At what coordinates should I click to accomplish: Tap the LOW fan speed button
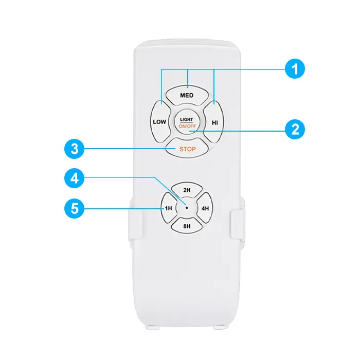(160, 122)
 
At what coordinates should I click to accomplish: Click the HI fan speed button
(213, 122)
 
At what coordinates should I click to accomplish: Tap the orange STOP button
(187, 148)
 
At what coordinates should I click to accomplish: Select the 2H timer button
(187, 190)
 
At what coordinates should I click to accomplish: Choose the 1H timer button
(169, 208)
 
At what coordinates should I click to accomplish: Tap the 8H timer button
(187, 226)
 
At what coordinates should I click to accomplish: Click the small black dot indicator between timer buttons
(187, 208)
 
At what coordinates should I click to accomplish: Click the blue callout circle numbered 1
(295, 68)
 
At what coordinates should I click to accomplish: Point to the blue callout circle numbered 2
(295, 129)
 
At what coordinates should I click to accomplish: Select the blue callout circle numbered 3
(75, 149)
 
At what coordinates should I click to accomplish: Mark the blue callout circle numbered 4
(75, 178)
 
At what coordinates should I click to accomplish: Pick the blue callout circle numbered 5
(75, 208)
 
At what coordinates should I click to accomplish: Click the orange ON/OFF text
(187, 127)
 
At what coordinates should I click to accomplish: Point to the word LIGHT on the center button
(186, 119)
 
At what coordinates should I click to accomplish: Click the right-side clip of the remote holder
(237, 224)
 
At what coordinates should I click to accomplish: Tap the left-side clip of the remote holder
(135, 221)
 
